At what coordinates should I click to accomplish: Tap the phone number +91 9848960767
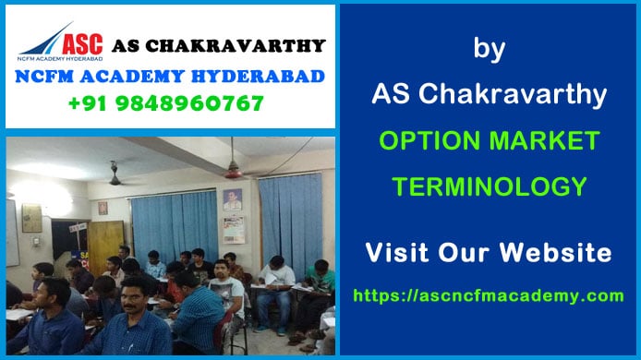(x=165, y=103)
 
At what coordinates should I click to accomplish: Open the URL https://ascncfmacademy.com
(x=489, y=295)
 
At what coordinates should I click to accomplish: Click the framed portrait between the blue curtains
(x=232, y=199)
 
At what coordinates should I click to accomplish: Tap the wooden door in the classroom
(x=106, y=245)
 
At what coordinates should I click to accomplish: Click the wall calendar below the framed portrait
(x=233, y=230)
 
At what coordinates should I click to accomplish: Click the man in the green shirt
(x=320, y=277)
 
